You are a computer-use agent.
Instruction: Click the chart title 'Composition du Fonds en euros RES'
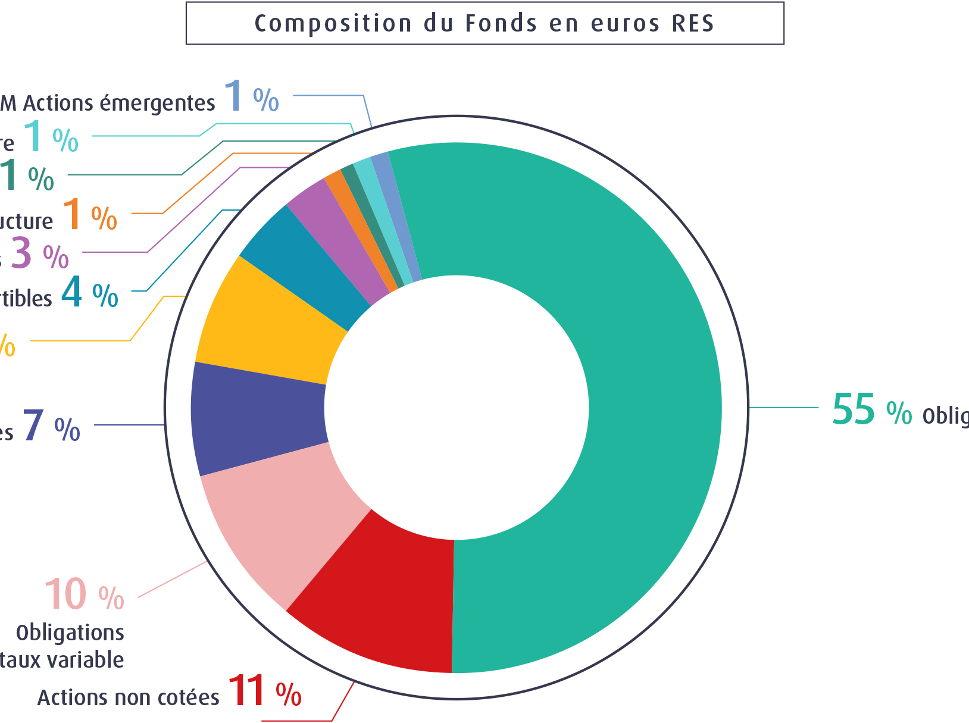484,23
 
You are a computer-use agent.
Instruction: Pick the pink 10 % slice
280,524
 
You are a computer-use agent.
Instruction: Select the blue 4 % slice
304,262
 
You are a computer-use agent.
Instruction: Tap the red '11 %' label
264,691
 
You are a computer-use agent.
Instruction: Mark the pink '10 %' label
84,594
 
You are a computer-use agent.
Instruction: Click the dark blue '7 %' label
51,427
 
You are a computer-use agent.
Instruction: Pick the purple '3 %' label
39,253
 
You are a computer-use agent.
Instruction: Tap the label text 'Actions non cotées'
128,697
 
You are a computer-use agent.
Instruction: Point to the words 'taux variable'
62,659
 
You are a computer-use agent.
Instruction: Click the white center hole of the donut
456,408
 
